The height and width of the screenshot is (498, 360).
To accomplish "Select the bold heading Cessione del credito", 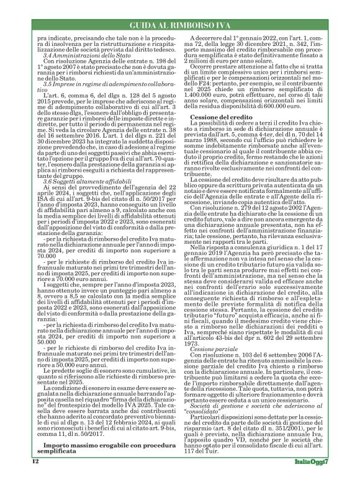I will [220, 135].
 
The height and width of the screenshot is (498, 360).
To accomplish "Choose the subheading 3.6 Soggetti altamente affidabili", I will [78, 180].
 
